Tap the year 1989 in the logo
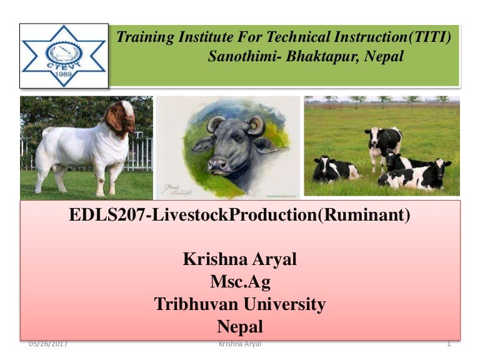coord(64,74)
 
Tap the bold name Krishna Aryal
coord(239,259)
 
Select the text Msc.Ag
coord(240,282)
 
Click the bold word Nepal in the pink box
coord(240,326)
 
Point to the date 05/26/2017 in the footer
coord(48,344)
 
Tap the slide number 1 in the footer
coord(449,344)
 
